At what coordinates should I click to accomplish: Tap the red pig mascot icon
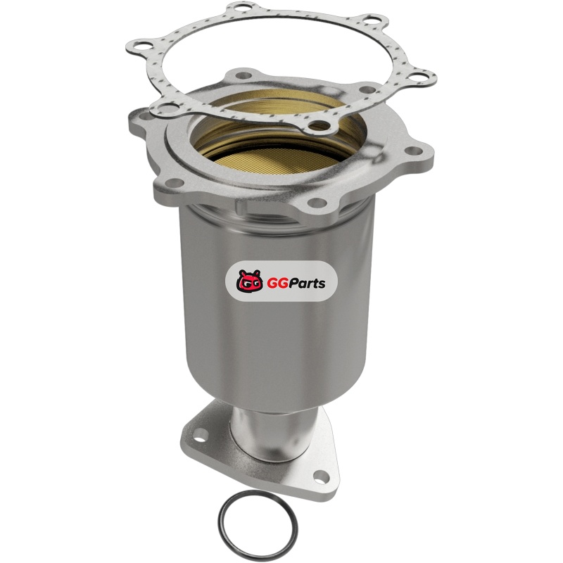point(250,281)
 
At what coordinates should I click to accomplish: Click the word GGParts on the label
point(296,284)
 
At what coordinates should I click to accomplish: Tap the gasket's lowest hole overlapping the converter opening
point(320,126)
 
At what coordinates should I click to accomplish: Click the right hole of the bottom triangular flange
point(322,477)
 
